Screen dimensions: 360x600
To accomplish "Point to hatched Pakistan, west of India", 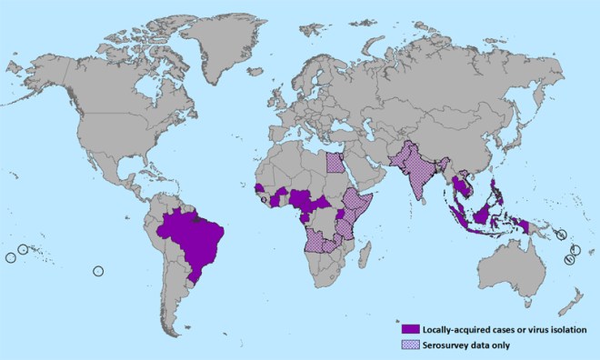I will (398, 158).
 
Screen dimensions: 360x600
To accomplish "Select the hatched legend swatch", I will (411, 344).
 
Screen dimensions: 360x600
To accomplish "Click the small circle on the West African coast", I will (265, 198).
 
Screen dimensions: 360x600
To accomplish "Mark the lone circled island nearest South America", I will (99, 269).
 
